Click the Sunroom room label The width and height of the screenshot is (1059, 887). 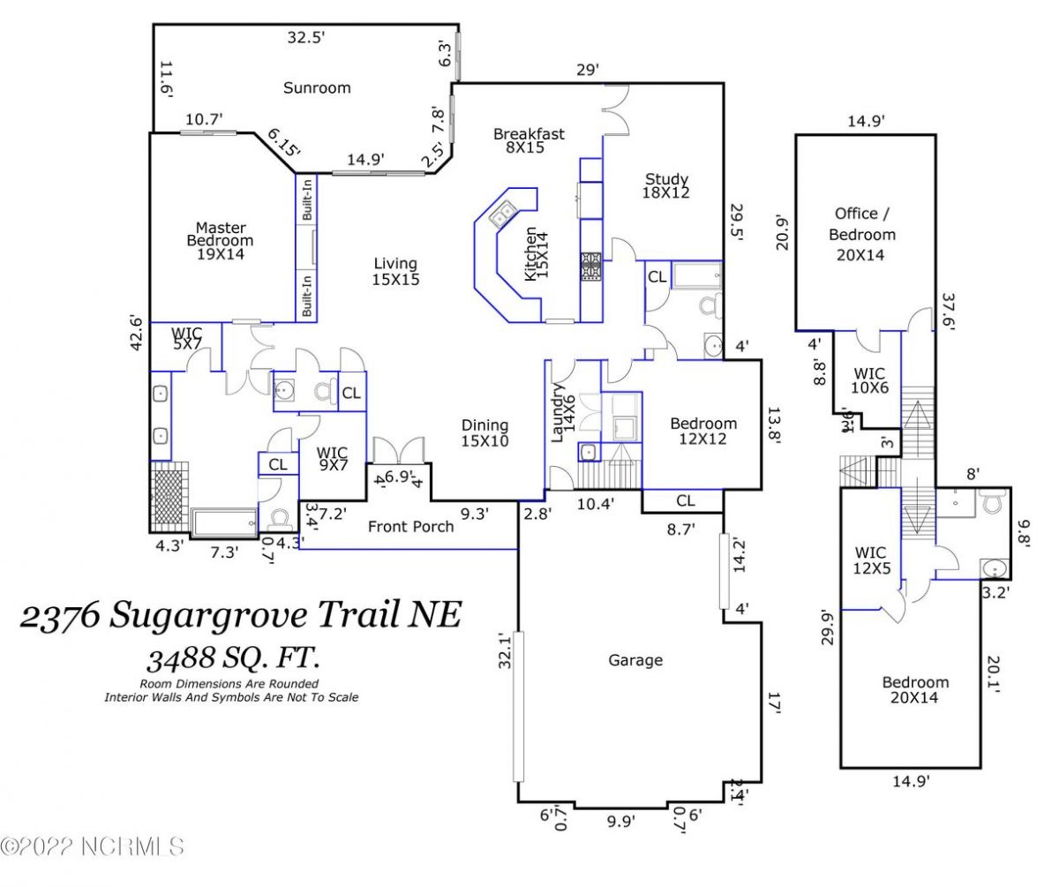coord(317,87)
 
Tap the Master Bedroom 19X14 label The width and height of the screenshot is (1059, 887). coord(220,240)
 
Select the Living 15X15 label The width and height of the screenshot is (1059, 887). coord(394,271)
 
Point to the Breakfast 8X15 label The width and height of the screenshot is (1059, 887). coord(529,140)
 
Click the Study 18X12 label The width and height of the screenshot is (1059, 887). coord(666,185)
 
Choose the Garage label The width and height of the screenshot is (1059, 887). coord(635,660)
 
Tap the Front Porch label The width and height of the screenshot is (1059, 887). coord(410,527)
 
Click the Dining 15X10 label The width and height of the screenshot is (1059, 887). coord(484,432)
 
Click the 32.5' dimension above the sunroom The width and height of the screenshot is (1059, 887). coord(306,38)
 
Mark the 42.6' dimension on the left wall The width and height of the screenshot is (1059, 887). coord(136,334)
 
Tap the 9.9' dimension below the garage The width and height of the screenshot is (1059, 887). coord(620,822)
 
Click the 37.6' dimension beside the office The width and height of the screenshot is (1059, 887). coord(949,311)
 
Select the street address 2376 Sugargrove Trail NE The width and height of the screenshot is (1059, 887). coord(240,615)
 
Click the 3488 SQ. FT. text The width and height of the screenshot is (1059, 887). coord(232,658)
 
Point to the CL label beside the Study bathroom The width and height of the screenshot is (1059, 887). coord(657,276)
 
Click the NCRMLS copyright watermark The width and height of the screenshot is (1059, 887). coord(93,847)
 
